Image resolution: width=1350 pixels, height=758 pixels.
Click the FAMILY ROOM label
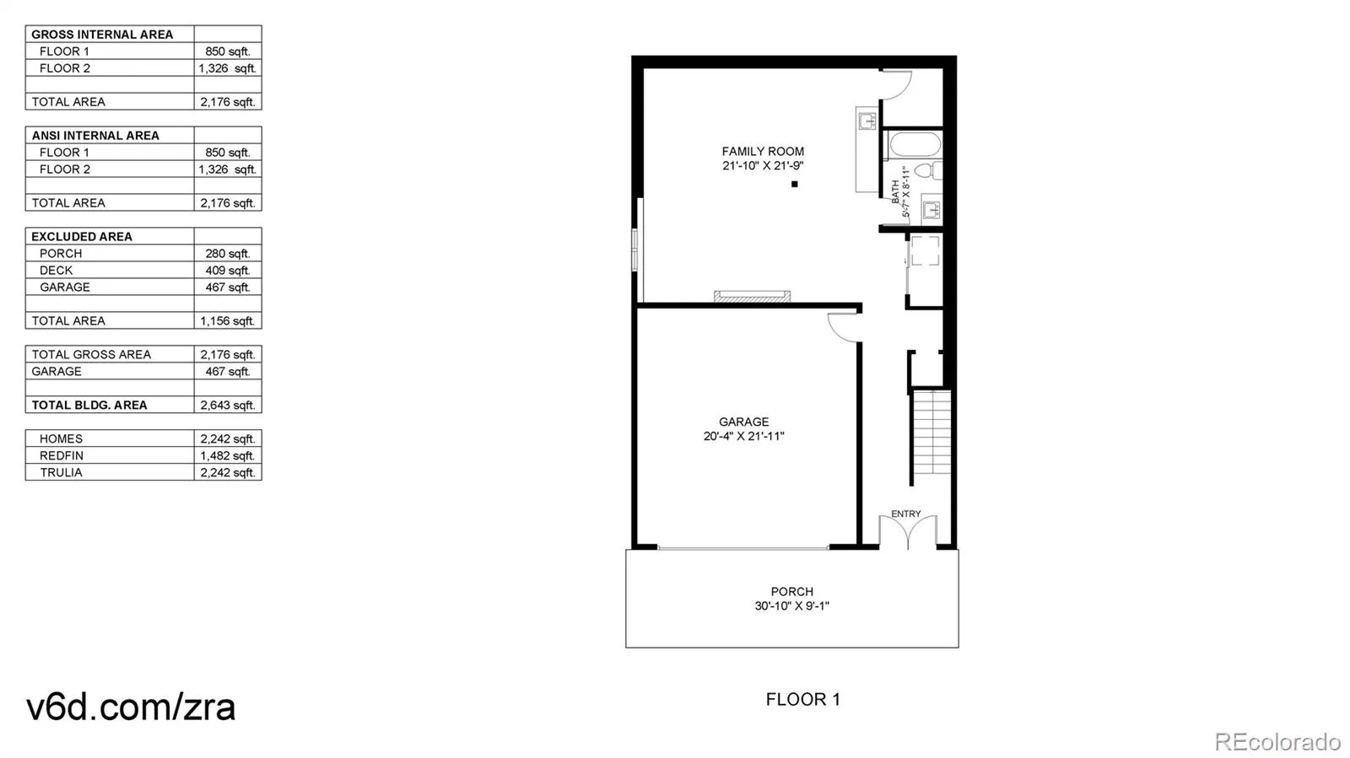(763, 151)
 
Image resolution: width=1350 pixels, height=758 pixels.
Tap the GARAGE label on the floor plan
(743, 422)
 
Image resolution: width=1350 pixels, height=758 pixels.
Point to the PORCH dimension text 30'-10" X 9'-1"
(792, 605)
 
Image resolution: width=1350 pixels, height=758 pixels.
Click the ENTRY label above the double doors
(906, 513)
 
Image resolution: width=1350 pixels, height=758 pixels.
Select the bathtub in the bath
(911, 145)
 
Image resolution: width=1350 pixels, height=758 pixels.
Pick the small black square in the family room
(794, 185)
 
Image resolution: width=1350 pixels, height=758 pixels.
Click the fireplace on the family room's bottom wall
(752, 296)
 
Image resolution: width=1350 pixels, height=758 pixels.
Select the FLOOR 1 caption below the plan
(802, 699)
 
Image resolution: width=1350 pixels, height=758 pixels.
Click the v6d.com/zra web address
(131, 707)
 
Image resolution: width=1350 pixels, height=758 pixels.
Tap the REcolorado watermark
(1277, 741)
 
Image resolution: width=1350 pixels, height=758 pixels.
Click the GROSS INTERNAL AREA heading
(102, 35)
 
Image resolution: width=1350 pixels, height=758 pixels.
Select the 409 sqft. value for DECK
(227, 271)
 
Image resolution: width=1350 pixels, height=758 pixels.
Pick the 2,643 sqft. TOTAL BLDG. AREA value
(227, 406)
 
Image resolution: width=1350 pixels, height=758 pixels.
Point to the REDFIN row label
(62, 456)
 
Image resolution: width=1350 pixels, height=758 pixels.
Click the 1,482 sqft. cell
(227, 456)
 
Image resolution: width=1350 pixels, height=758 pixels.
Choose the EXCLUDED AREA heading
(81, 237)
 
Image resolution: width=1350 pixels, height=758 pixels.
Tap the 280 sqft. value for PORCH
(227, 254)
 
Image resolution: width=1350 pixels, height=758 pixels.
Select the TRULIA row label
(61, 473)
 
